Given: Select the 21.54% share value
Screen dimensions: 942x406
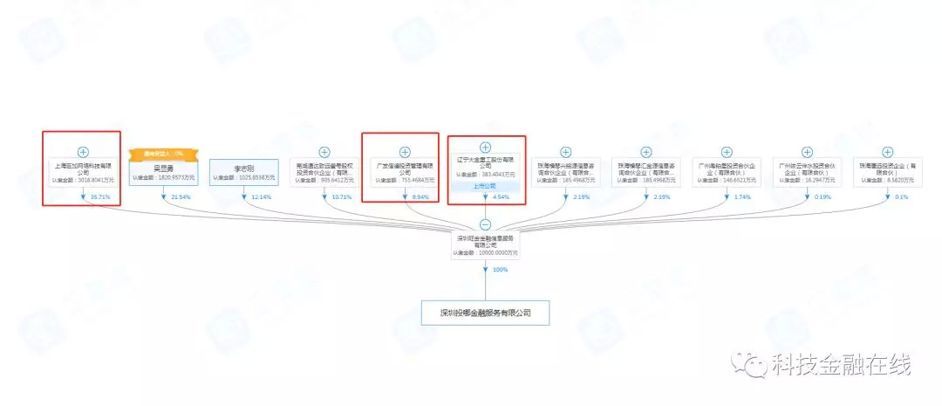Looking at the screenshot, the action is pyautogui.click(x=181, y=197).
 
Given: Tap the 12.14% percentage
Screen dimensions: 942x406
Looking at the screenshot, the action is pyautogui.click(x=261, y=197).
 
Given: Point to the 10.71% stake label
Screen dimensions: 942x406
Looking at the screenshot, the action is pyautogui.click(x=342, y=197).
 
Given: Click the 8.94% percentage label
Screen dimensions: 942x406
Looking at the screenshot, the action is pyautogui.click(x=421, y=197).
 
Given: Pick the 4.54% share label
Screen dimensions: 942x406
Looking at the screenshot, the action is pyautogui.click(x=502, y=197).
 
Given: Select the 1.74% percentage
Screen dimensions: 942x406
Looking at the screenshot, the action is pyautogui.click(x=743, y=197).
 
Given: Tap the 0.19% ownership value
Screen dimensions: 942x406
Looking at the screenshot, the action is pyautogui.click(x=823, y=197).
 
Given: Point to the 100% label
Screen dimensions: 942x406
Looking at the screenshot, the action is pyautogui.click(x=500, y=270).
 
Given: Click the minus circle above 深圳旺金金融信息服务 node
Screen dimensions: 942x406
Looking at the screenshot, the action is pyautogui.click(x=486, y=224).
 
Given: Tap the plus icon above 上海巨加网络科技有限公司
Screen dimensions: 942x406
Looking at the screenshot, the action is pyautogui.click(x=83, y=152).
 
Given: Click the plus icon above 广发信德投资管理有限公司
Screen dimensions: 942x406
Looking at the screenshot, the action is pyautogui.click(x=405, y=152).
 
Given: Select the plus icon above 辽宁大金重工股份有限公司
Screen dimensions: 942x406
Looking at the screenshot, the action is pyautogui.click(x=486, y=147).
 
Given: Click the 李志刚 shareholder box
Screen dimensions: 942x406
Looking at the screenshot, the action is pyautogui.click(x=243, y=172).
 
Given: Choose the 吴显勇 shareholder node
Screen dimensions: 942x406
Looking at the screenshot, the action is pyautogui.click(x=163, y=172).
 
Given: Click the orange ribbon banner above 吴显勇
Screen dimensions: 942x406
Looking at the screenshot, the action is pyautogui.click(x=163, y=154).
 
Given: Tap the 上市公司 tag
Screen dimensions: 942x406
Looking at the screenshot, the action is pyautogui.click(x=486, y=185).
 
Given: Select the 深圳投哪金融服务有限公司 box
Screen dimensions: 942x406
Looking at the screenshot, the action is pyautogui.click(x=486, y=312).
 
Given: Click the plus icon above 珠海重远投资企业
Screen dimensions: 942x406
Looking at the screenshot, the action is pyautogui.click(x=888, y=152).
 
